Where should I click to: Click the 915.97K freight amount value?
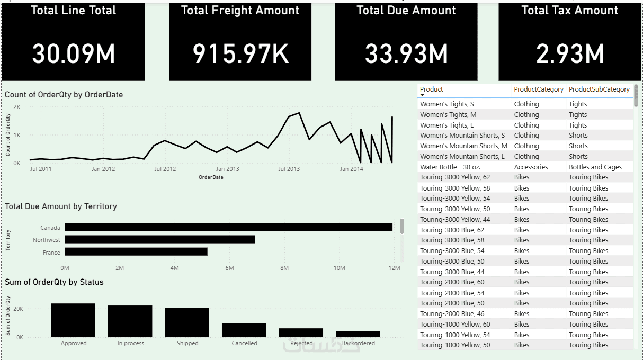coord(240,53)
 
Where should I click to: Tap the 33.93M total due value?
coord(406,53)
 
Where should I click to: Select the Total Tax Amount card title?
coord(569,11)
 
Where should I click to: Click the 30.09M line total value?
coord(74,53)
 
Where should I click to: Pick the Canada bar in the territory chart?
coord(228,227)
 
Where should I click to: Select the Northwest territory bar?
coord(159,240)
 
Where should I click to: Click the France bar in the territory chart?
coord(136,252)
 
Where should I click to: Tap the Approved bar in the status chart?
coord(73,320)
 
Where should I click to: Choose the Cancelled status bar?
coord(244,330)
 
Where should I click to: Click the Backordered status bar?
coord(358,335)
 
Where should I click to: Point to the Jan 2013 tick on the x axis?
coord(227,169)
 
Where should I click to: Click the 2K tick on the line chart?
coord(17,107)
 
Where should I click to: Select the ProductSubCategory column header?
coord(599,89)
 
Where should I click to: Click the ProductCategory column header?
coord(539,89)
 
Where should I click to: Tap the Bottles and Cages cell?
coord(595,167)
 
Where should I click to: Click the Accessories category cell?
coord(531,167)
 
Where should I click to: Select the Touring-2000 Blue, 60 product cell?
coord(452,282)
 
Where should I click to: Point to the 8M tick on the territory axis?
coord(284,268)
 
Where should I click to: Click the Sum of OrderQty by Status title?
coord(54,282)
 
